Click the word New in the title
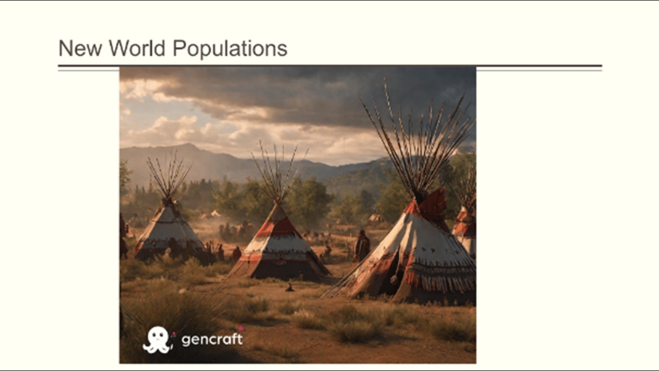click(x=80, y=48)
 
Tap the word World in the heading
click(x=137, y=48)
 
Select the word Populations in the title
click(x=230, y=49)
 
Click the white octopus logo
click(x=157, y=340)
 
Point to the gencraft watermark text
click(x=212, y=339)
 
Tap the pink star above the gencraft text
click(x=240, y=328)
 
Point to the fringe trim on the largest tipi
click(x=441, y=280)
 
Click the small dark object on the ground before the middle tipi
click(x=290, y=288)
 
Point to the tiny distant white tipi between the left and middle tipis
click(x=215, y=213)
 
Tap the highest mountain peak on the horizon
click(x=187, y=145)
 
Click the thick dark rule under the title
click(x=330, y=65)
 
